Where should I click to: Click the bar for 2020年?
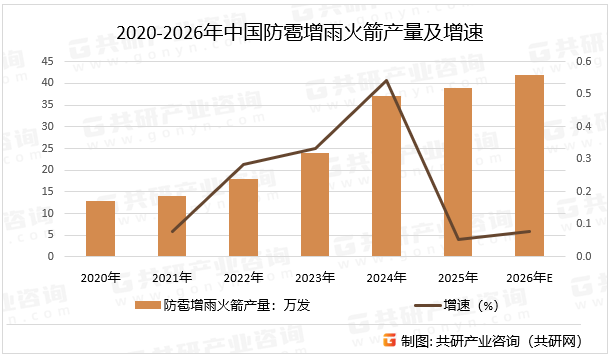point(100,228)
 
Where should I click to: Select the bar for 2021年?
point(172,226)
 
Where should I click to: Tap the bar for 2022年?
point(244,217)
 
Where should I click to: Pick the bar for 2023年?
point(315,204)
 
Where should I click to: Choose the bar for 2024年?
point(387,176)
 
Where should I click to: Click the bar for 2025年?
point(458,172)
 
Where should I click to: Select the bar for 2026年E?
point(530,165)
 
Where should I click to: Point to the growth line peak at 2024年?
point(387,80)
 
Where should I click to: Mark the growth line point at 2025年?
point(458,239)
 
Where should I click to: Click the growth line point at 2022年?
point(244,164)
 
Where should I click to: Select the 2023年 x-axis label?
point(315,276)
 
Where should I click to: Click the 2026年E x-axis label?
point(530,276)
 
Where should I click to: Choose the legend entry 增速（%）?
point(463,305)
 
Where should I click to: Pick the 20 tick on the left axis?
point(48,169)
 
